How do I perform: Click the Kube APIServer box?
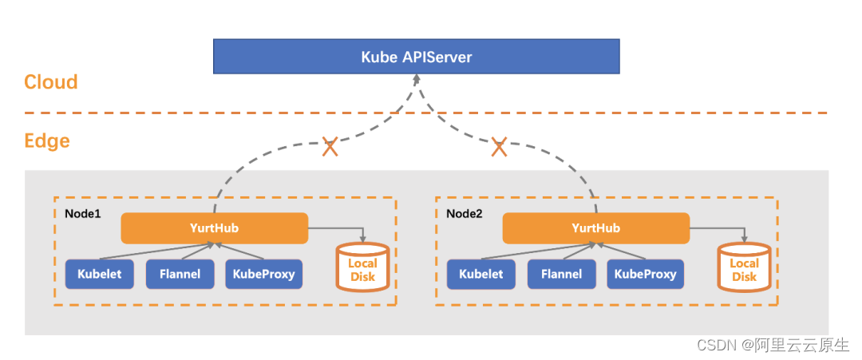point(416,57)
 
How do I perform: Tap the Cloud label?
point(51,82)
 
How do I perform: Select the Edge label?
point(47,141)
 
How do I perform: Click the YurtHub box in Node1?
point(214,228)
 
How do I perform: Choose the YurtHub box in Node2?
point(595,228)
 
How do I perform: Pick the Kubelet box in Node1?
point(100,274)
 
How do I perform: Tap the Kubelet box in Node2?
point(481,274)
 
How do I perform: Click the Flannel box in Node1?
point(180,274)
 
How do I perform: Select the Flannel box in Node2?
point(561,274)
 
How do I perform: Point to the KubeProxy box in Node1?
point(263,274)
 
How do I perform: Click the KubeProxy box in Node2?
point(645,274)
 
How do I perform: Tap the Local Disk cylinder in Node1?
point(362,267)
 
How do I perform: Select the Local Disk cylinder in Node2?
point(744,267)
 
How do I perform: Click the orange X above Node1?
point(330,147)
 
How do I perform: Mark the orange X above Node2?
point(499,147)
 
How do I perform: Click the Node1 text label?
point(82,214)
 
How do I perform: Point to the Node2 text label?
point(465,214)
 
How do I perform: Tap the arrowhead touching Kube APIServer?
point(416,80)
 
